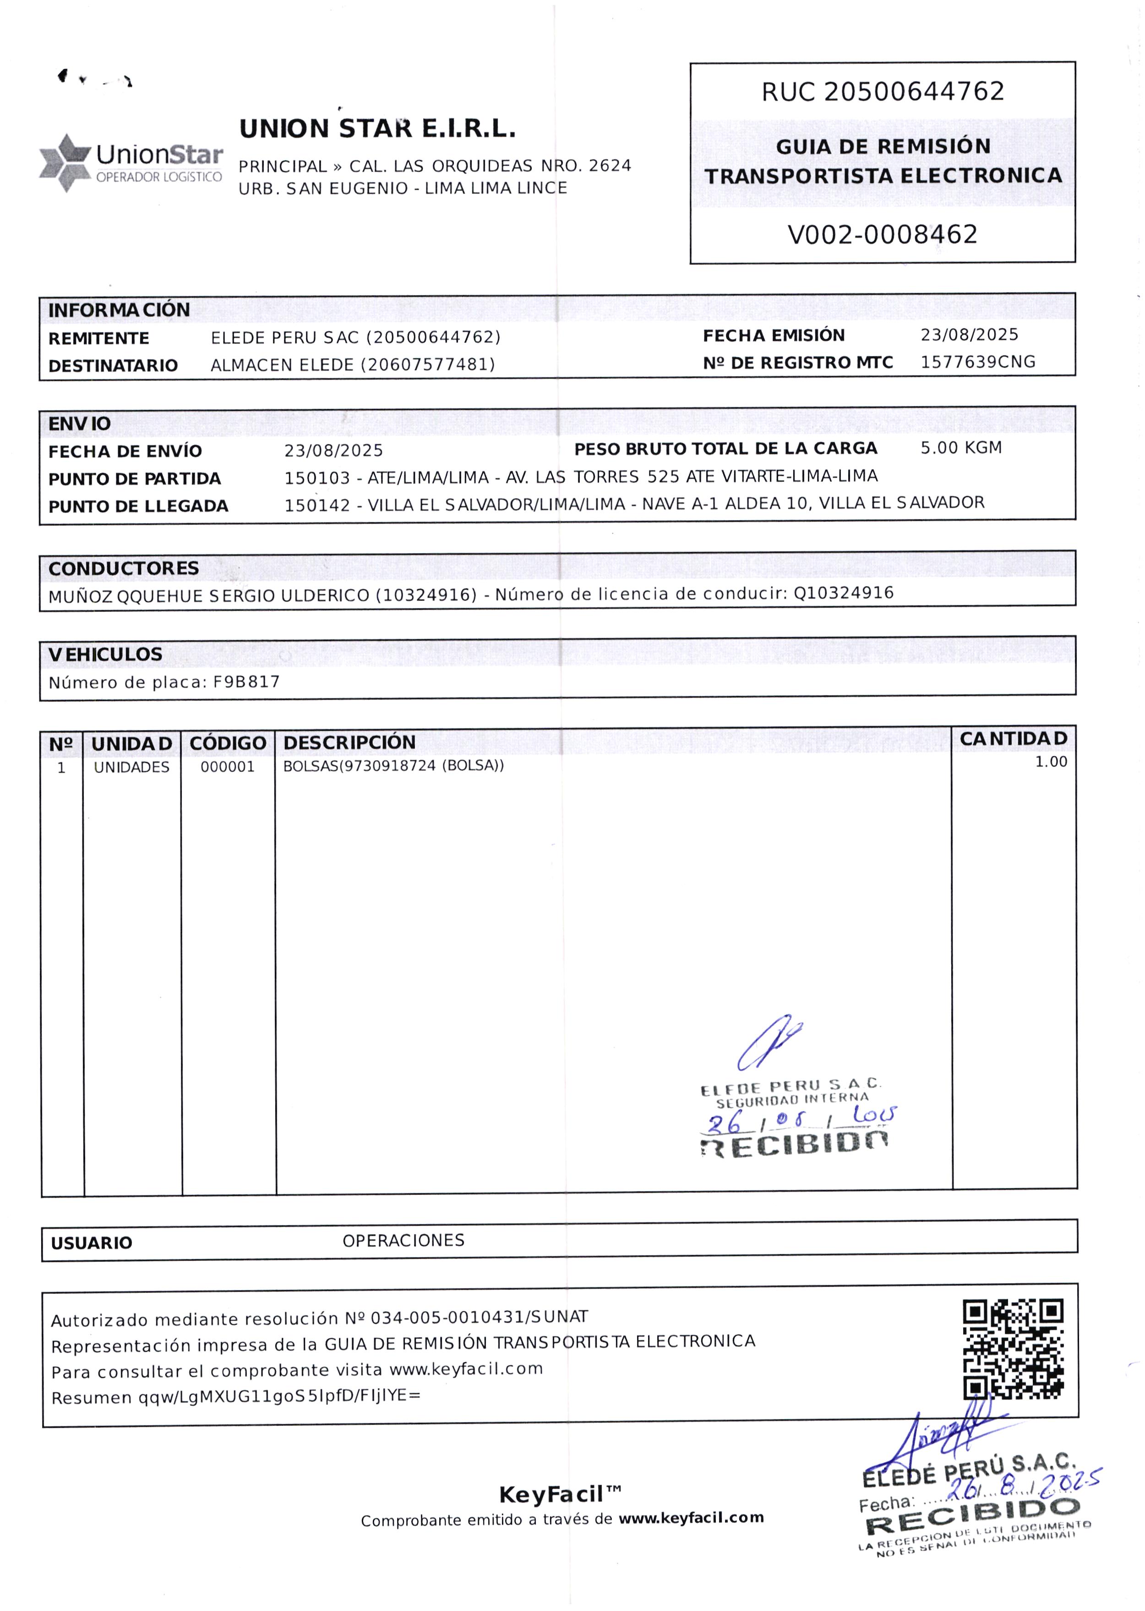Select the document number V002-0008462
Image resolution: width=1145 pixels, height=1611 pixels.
click(882, 234)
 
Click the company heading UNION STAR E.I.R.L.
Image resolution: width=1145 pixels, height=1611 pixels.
click(377, 129)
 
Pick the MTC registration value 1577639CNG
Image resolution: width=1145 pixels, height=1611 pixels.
click(977, 362)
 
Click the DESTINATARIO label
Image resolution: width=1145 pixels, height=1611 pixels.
click(113, 365)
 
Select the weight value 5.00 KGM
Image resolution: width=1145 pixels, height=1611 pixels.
click(960, 448)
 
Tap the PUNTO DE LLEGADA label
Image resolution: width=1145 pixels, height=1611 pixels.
click(138, 506)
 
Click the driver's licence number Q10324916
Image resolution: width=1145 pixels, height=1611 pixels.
click(843, 593)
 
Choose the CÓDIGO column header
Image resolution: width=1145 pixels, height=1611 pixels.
click(227, 743)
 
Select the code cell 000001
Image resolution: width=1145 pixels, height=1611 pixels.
click(227, 767)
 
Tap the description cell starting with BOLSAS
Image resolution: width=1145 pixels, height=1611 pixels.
click(393, 766)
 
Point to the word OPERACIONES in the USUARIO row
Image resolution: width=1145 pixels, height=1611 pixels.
click(403, 1241)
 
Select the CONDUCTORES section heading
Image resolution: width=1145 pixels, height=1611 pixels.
click(123, 568)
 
